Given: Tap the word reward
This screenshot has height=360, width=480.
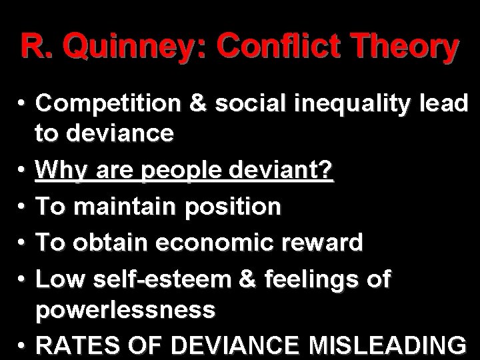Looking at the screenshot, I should [327, 241].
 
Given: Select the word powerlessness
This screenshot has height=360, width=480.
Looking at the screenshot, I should [126, 310].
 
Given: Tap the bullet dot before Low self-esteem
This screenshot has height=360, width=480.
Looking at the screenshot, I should [23, 276].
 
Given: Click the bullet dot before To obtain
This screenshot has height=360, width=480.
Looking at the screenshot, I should [23, 241].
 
